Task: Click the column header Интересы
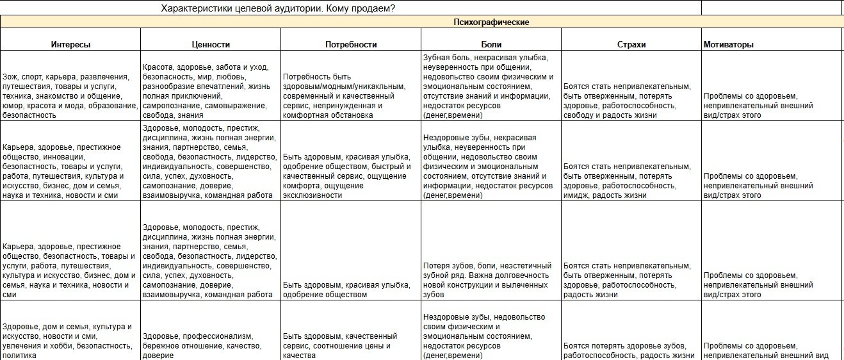click(x=70, y=45)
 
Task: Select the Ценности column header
click(x=211, y=45)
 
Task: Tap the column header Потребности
click(x=351, y=45)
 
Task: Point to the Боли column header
click(x=491, y=45)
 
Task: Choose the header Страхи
click(x=631, y=45)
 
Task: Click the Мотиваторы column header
click(x=728, y=45)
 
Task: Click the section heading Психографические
click(x=491, y=22)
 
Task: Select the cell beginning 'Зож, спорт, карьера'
click(x=70, y=91)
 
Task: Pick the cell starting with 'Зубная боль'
click(x=491, y=86)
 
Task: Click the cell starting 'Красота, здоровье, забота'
click(x=211, y=91)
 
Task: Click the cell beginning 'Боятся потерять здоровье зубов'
click(x=631, y=351)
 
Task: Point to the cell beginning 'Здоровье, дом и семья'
click(x=70, y=341)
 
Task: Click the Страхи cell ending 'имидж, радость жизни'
click(x=631, y=181)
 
